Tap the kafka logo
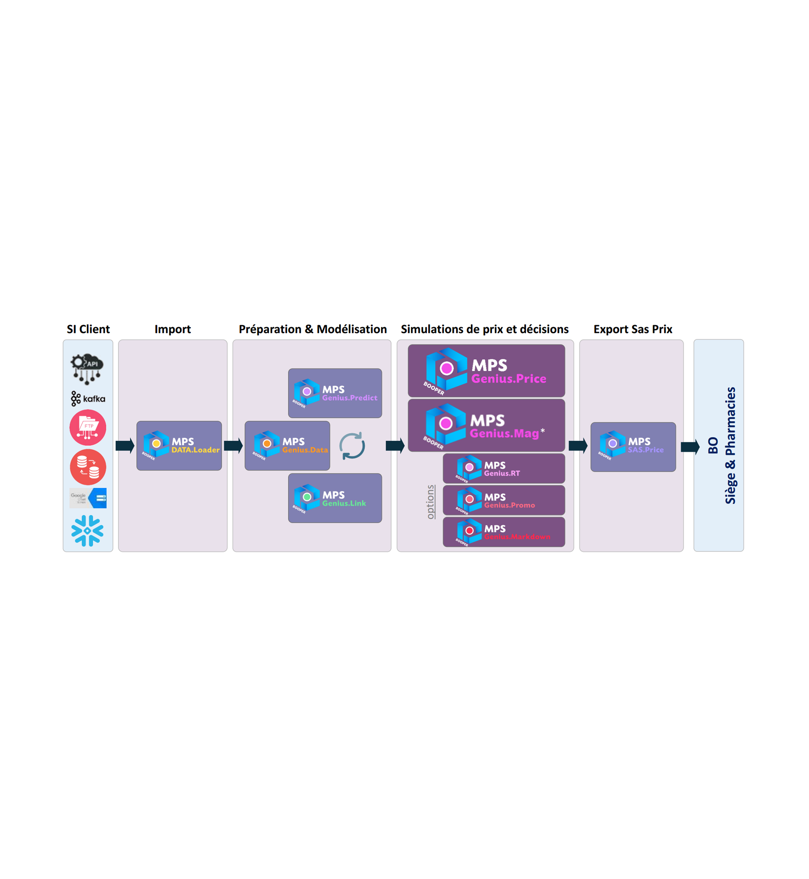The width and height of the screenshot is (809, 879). click(88, 398)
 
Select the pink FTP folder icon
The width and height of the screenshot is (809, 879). click(88, 427)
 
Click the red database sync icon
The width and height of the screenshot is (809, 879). click(88, 467)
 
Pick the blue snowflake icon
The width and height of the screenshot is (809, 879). click(88, 531)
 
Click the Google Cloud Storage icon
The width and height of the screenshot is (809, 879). click(88, 498)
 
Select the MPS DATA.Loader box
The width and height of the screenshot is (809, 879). click(179, 446)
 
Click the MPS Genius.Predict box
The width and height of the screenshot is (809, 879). click(335, 393)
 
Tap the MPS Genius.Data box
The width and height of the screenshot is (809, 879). click(287, 446)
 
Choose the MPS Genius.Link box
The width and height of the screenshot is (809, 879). click(335, 498)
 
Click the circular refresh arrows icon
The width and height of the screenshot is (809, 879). click(352, 446)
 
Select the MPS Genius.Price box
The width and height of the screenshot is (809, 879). click(486, 371)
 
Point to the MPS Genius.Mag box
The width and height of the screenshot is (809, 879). click(486, 425)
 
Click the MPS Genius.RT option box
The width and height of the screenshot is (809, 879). click(504, 468)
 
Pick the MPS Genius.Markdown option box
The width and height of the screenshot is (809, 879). click(504, 532)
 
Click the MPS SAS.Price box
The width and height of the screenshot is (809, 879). click(633, 447)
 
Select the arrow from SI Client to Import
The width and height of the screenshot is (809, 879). click(125, 446)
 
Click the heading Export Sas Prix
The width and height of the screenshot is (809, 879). click(633, 329)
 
